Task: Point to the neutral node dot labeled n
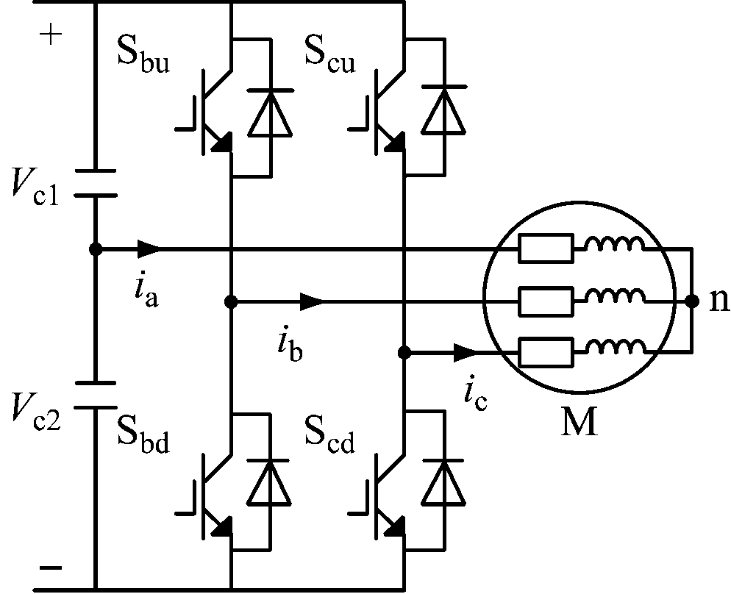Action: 691,301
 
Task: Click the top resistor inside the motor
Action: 545,249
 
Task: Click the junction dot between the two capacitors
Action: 95,249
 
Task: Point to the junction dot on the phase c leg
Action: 404,352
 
